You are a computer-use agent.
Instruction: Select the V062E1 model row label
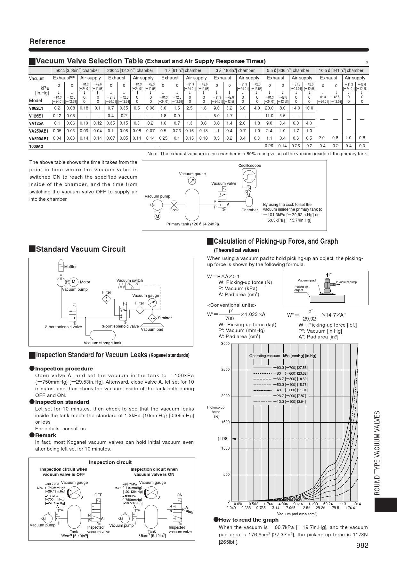36,108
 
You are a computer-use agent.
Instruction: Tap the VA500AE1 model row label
39,139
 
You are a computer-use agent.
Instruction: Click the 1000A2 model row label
36,146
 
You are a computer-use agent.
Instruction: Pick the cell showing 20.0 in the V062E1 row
269,108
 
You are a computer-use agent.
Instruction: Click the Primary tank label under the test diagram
192,224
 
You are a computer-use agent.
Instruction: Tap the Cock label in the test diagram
174,210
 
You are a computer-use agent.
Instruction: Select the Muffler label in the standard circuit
70,267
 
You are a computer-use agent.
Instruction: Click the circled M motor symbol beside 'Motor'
74,282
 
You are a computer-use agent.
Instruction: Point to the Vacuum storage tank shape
102,335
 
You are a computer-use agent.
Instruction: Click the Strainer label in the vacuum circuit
165,318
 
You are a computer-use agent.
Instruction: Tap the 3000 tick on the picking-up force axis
225,344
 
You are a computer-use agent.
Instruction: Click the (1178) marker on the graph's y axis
223,439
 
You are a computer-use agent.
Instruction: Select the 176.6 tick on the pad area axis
350,508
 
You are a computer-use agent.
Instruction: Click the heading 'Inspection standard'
62,402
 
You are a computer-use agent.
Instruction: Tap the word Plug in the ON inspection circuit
189,512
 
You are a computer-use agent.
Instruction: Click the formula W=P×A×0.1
223,276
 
